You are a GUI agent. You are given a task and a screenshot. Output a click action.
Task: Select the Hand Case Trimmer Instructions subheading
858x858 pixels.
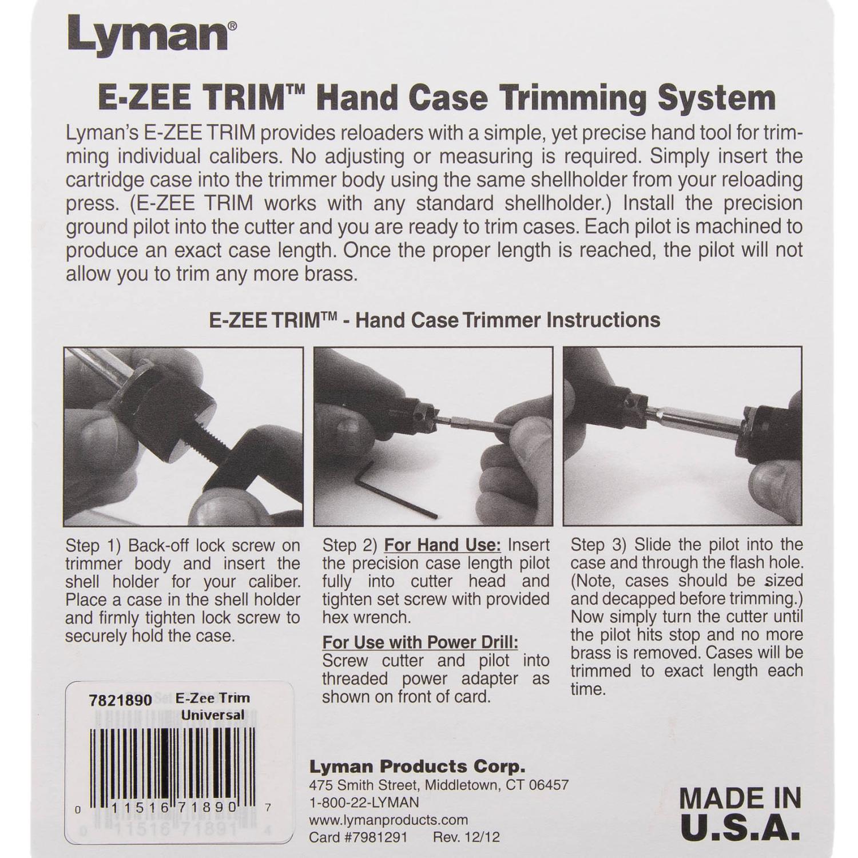pyautogui.click(x=435, y=319)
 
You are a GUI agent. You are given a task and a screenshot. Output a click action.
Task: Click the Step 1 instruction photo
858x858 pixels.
pyautogui.click(x=184, y=436)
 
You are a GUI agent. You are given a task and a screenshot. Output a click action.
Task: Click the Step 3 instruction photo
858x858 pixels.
pyautogui.click(x=682, y=436)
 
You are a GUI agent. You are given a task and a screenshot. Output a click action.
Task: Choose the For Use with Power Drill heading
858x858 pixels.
pyautogui.click(x=420, y=642)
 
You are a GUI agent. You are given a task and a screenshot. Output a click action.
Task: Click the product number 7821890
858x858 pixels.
pyautogui.click(x=121, y=700)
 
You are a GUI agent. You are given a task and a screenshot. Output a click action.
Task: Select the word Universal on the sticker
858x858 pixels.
pyautogui.click(x=213, y=715)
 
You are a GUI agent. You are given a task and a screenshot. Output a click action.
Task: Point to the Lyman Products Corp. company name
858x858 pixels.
pyautogui.click(x=417, y=766)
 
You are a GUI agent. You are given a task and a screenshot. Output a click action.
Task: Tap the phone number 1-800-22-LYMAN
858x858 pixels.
pyautogui.click(x=364, y=802)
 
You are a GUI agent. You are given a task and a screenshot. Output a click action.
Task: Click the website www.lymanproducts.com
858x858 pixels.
pyautogui.click(x=388, y=820)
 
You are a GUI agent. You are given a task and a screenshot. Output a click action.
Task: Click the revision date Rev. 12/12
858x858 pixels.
pyautogui.click(x=466, y=837)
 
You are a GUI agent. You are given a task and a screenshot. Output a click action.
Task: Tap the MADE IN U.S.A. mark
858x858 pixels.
pyautogui.click(x=740, y=812)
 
